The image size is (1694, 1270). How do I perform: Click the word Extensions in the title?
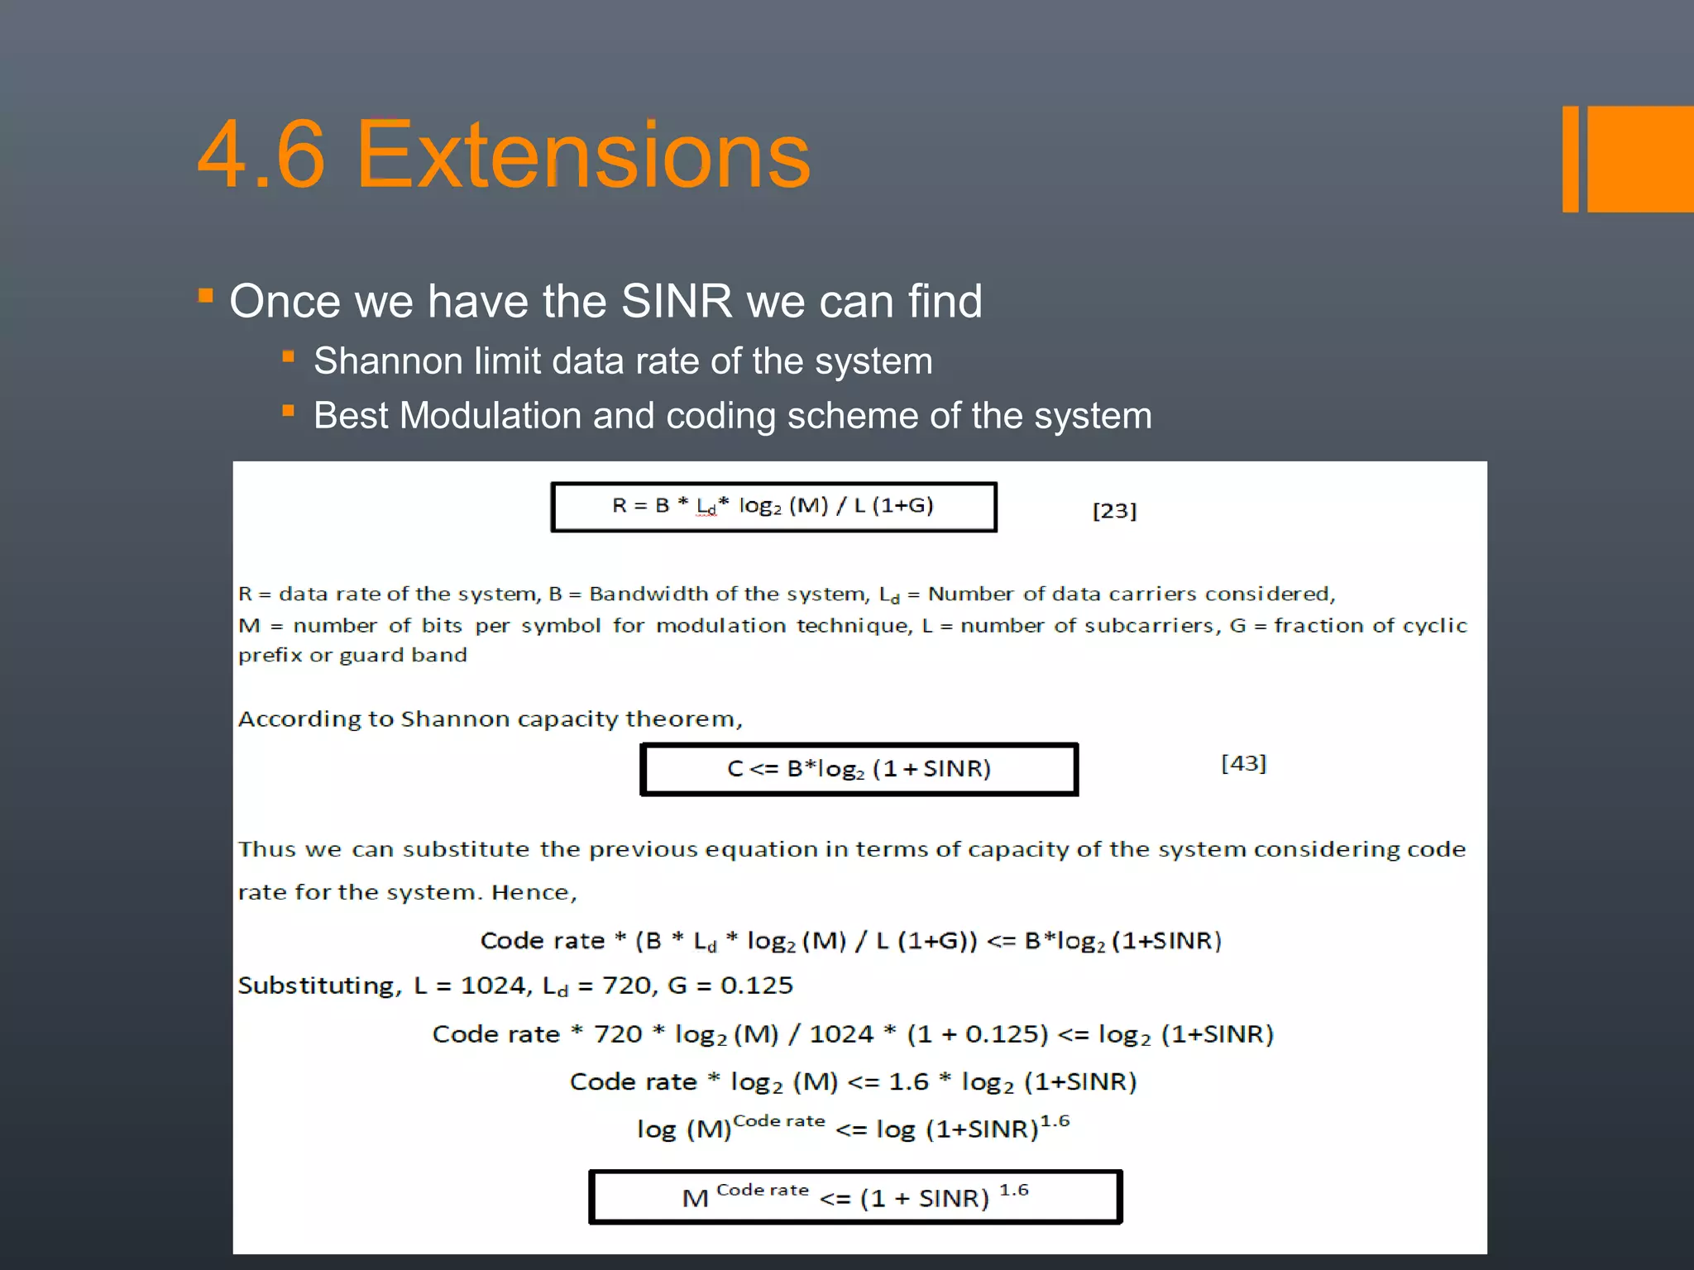tap(583, 155)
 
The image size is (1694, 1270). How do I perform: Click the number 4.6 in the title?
tap(261, 155)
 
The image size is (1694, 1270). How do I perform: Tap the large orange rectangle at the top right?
tap(1640, 159)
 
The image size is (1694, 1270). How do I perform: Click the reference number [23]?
tap(1114, 511)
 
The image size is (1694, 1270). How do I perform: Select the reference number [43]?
tap(1243, 763)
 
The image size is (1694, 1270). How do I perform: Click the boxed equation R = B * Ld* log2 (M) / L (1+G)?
tap(773, 507)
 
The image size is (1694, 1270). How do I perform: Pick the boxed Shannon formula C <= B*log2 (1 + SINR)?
tap(859, 769)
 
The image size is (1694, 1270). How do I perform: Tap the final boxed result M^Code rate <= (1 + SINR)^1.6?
tap(855, 1196)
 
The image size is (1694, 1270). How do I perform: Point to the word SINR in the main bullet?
tap(676, 301)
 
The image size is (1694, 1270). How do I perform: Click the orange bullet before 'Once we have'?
tap(206, 295)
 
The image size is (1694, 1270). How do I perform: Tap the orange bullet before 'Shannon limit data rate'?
tap(288, 357)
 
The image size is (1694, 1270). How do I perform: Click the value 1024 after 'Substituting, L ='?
tap(493, 986)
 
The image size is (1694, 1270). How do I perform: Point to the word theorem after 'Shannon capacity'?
tap(683, 719)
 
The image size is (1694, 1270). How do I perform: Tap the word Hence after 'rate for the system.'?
tap(534, 892)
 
